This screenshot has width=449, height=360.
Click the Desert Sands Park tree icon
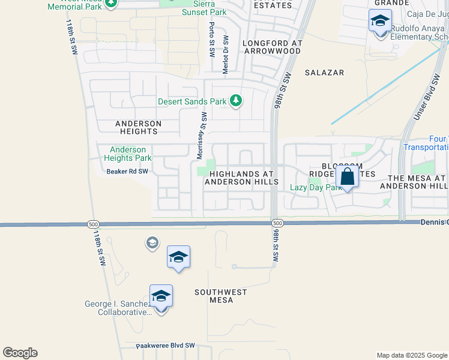(236, 100)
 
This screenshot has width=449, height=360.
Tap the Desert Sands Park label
(192, 101)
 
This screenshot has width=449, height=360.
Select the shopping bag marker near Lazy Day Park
(348, 177)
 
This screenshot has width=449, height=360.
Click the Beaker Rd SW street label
(127, 172)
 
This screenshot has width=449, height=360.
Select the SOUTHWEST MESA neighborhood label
(221, 296)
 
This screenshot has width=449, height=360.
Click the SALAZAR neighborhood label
(324, 73)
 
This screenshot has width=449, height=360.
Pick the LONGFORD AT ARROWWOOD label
(271, 47)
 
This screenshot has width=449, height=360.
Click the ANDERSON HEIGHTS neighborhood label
(139, 127)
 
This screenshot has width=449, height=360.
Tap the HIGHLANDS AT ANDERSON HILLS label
(241, 178)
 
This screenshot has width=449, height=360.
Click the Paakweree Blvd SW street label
(166, 346)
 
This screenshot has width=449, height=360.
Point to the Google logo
(20, 353)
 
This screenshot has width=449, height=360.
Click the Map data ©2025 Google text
(411, 355)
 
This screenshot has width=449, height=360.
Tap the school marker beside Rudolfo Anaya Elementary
(380, 21)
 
